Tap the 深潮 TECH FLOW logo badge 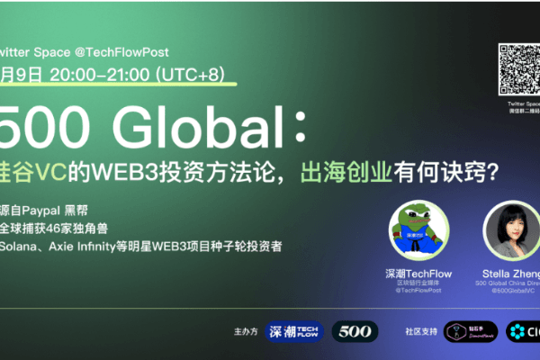[x=294, y=331]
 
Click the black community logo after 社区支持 [x=471, y=331]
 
